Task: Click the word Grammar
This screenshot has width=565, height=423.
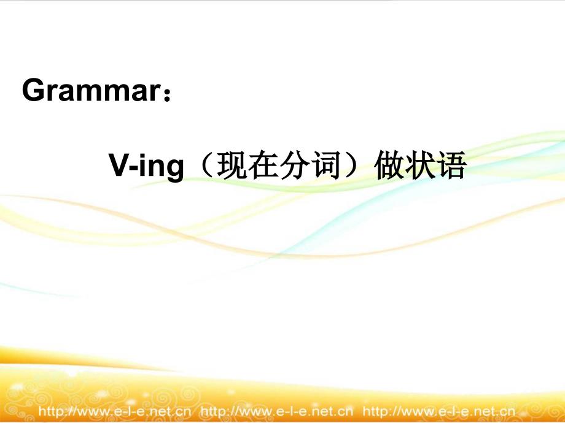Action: [91, 90]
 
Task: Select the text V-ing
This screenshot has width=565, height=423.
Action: [146, 166]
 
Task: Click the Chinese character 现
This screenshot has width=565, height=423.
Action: [232, 166]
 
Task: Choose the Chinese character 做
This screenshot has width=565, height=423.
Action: [389, 166]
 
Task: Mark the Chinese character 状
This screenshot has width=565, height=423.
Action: [421, 166]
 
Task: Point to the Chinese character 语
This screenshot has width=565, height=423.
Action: [452, 166]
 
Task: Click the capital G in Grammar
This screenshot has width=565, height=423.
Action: [33, 90]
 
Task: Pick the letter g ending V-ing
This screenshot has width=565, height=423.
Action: [175, 170]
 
